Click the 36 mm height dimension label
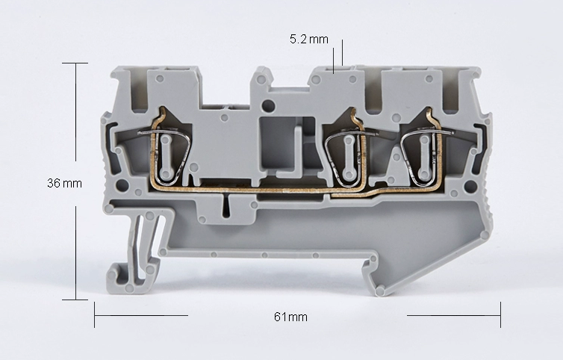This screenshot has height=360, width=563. pos(64,183)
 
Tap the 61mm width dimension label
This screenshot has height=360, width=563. pos(290,317)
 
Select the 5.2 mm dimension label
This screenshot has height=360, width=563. pos(309,39)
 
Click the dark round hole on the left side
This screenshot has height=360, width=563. pos(122,185)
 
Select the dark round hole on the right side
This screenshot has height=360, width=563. pos(469,186)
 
